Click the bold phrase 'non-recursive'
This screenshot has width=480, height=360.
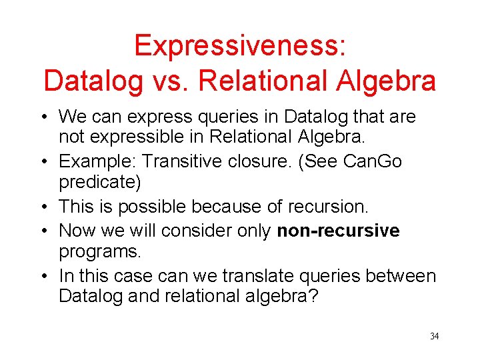[x=338, y=231]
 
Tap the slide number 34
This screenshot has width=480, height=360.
[x=434, y=336]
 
